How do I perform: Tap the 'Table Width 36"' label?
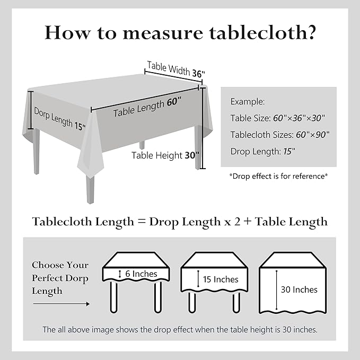click(175, 70)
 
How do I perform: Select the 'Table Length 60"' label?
click(147, 106)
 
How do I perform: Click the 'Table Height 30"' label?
click(165, 155)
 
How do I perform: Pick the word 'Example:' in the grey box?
click(247, 101)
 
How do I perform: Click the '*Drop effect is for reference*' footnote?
click(278, 175)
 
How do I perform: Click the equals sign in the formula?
click(142, 222)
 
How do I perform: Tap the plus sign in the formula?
click(247, 222)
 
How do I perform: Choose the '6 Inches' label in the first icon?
click(141, 274)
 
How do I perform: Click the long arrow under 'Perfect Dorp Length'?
click(61, 304)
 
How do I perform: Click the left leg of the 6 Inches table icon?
click(113, 296)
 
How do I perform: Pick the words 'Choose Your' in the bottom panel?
click(60, 265)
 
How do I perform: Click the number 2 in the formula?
click(233, 222)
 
